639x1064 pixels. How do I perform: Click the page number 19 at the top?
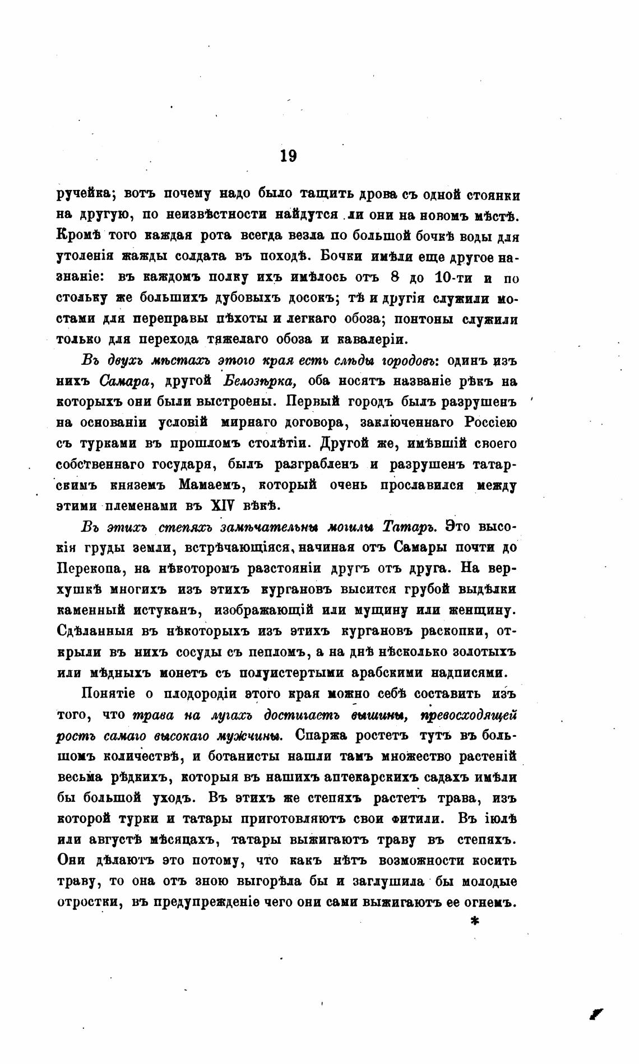click(288, 155)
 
